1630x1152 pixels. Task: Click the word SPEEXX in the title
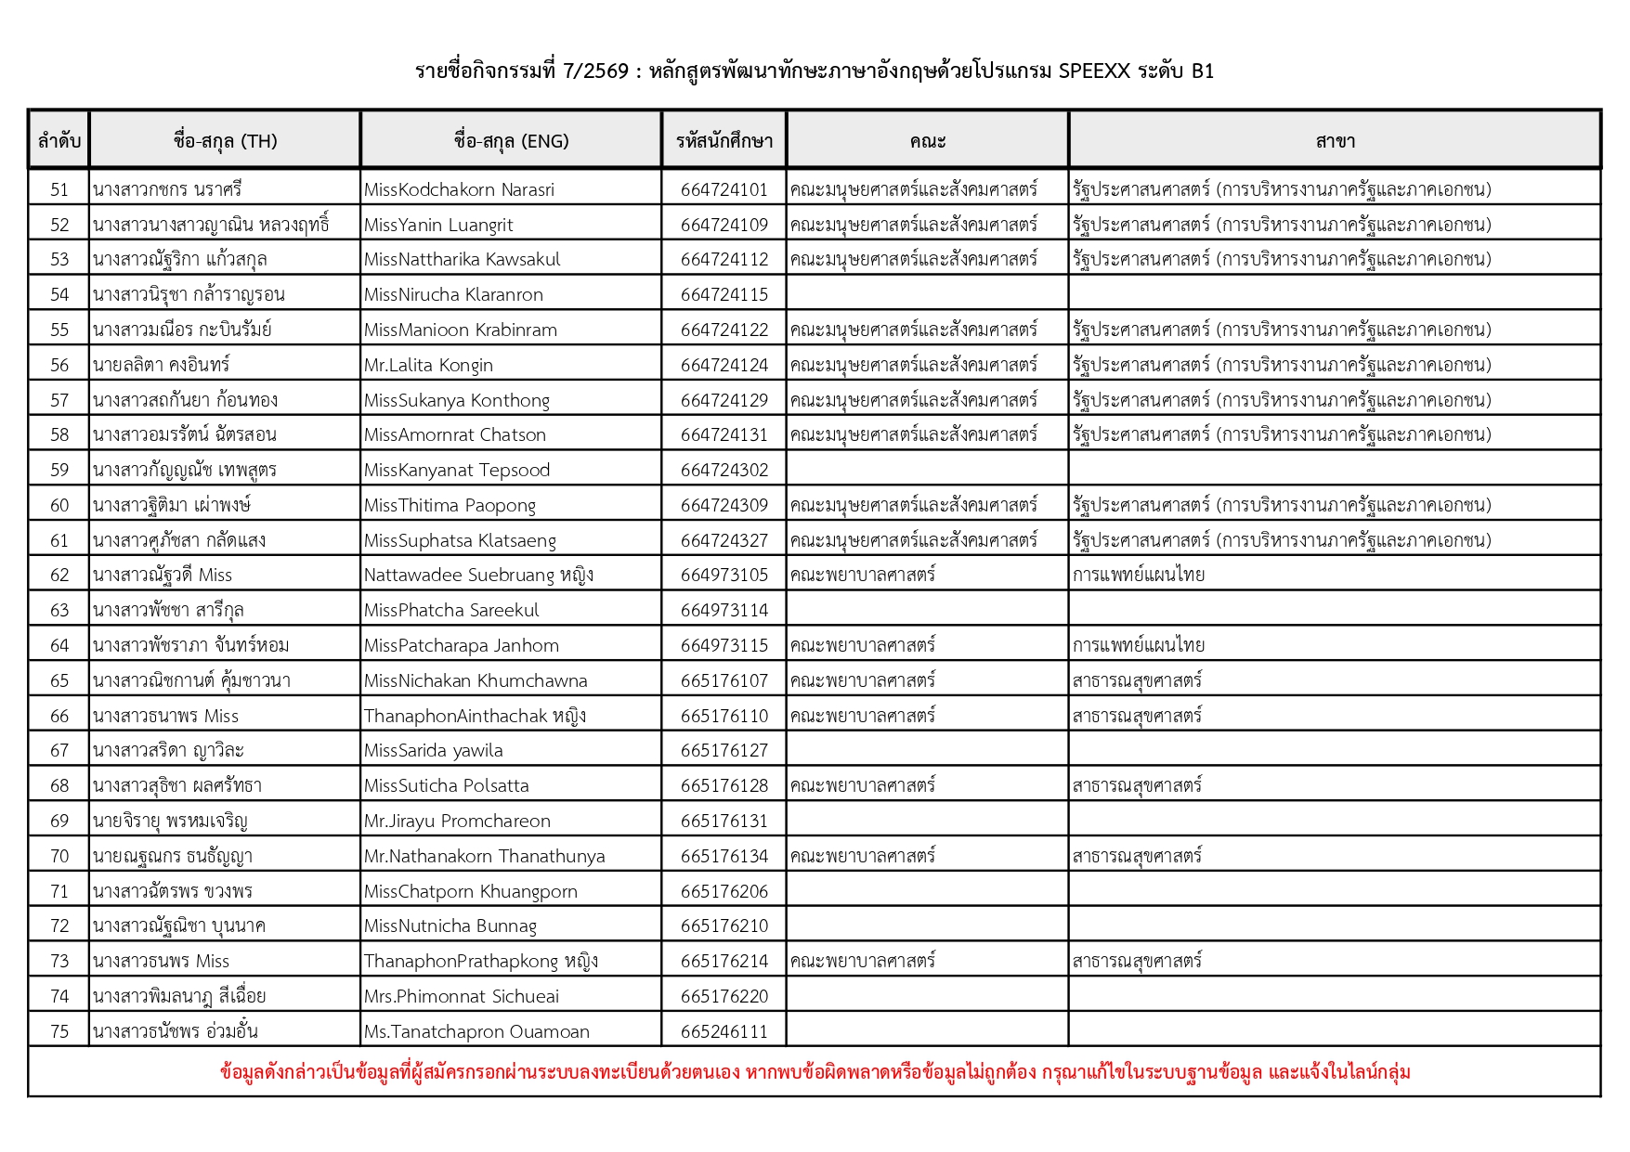coord(1094,71)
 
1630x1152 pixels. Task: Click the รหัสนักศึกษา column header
coord(724,141)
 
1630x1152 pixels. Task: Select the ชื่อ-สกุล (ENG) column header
coord(511,141)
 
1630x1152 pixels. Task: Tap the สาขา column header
coord(1335,141)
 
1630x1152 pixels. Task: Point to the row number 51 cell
coord(59,189)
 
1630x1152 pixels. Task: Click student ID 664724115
coord(724,294)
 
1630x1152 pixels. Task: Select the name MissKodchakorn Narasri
coord(459,189)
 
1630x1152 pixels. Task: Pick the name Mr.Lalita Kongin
coord(428,365)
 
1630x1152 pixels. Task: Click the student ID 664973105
coord(724,575)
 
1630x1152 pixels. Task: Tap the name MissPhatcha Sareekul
coord(450,610)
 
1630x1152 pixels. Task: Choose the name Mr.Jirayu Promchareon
coord(457,821)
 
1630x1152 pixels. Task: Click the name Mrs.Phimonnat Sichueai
coord(462,996)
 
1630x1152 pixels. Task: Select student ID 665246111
coord(724,1031)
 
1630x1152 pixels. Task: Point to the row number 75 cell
coord(59,1031)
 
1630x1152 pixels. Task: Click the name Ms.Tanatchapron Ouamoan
coord(476,1031)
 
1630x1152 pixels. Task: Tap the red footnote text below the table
coord(815,1072)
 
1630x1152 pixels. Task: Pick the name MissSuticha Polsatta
coord(446,785)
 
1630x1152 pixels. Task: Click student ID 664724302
coord(724,470)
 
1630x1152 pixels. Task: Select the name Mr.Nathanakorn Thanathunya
coord(484,856)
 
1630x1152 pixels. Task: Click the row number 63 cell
coord(59,610)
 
